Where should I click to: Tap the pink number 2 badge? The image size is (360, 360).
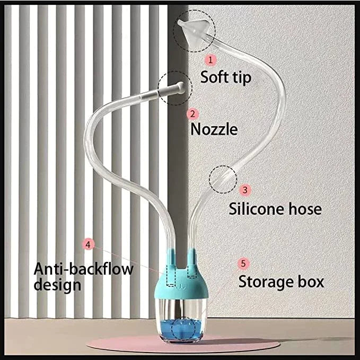point(193,113)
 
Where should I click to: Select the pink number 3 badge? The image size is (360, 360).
point(244,189)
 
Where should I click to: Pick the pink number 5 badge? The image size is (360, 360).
point(243,262)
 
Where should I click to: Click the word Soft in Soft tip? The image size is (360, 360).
point(214,77)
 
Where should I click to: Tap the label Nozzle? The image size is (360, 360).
point(214,129)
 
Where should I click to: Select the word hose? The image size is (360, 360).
point(304,208)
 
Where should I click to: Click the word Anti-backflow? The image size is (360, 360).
point(83,268)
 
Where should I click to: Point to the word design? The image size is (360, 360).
point(57,285)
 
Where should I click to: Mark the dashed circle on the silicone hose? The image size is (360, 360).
point(223,179)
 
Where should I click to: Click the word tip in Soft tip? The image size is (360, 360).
point(241,77)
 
